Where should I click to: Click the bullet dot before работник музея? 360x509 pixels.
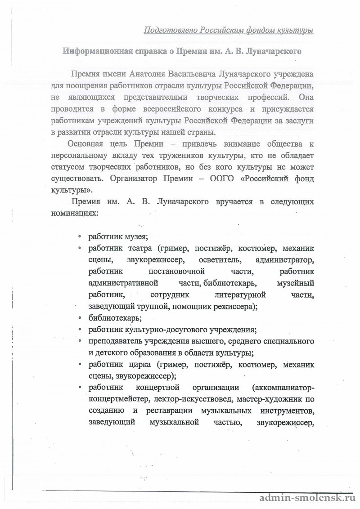point(80,237)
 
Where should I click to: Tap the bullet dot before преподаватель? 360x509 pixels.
point(80,342)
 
